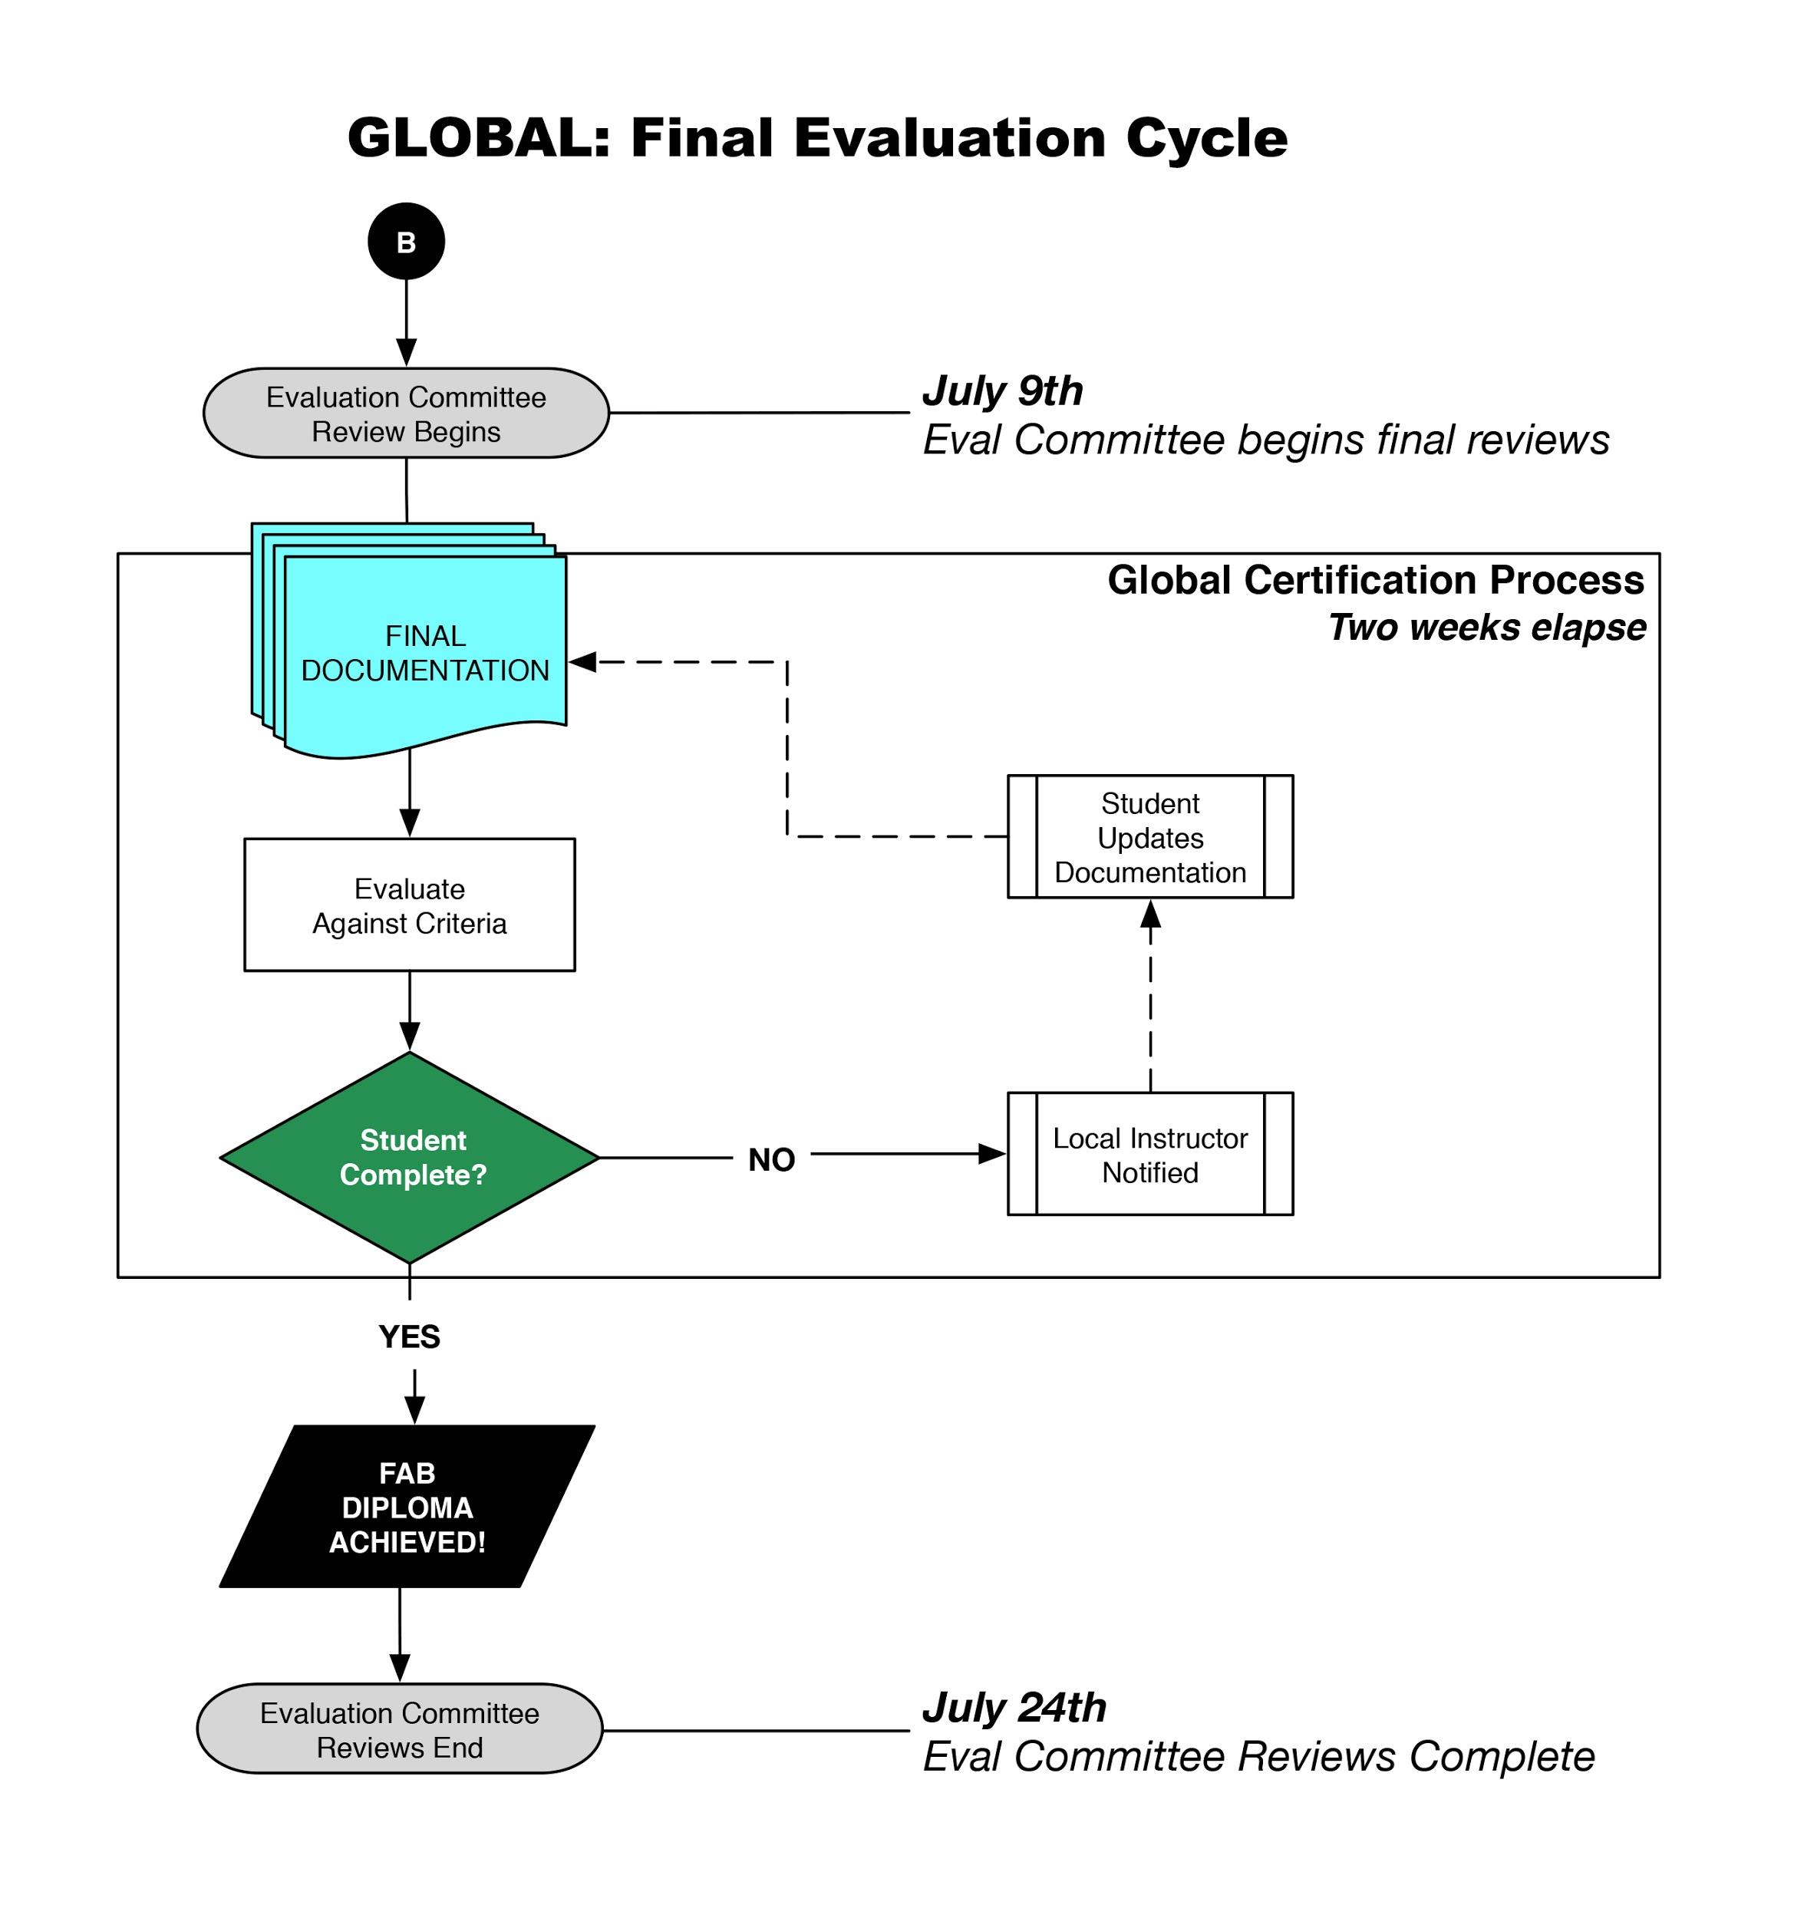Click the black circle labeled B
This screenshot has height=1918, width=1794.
pyautogui.click(x=405, y=241)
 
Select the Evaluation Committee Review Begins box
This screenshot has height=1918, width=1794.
pyautogui.click(x=405, y=413)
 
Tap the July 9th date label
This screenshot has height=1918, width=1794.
pyautogui.click(x=1001, y=391)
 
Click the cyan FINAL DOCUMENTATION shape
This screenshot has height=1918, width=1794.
pyautogui.click(x=424, y=653)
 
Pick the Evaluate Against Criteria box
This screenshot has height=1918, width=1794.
pyautogui.click(x=409, y=905)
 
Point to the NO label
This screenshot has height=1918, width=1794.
pyautogui.click(x=771, y=1160)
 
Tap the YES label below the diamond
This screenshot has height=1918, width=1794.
pyautogui.click(x=409, y=1337)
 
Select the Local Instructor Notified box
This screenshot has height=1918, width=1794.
pyautogui.click(x=1149, y=1154)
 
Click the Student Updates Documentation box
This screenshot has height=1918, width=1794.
pyautogui.click(x=1149, y=836)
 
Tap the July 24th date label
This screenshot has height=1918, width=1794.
pyautogui.click(x=1014, y=1708)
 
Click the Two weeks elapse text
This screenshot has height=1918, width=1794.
pyautogui.click(x=1486, y=627)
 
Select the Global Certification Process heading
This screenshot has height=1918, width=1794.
pyautogui.click(x=1375, y=580)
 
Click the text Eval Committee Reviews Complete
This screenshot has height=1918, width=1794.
pyautogui.click(x=1258, y=1757)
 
